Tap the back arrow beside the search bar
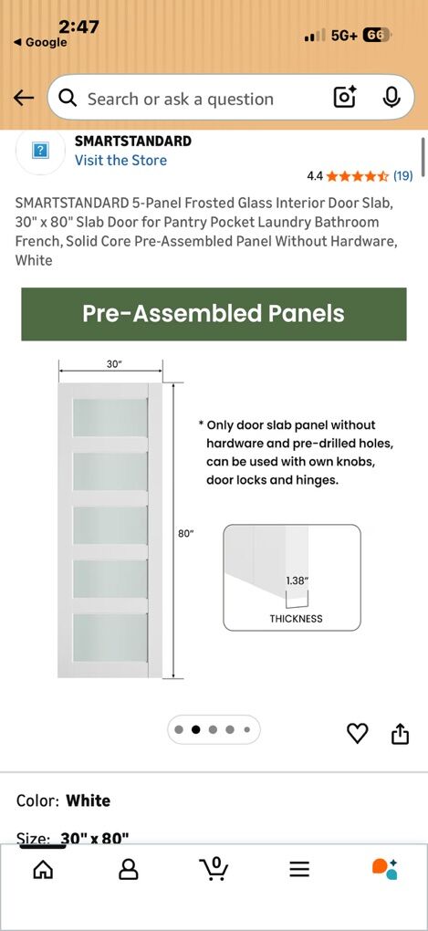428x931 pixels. pos(24,99)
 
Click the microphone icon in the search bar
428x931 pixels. pos(391,98)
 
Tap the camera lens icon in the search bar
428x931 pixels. pos(345,98)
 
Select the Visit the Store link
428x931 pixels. pos(120,161)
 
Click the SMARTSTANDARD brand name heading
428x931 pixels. pos(132,141)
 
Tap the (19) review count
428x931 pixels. pos(402,176)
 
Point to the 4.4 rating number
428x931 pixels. pos(315,176)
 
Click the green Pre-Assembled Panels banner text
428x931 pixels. pos(214,314)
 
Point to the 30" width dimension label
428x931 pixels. pos(114,363)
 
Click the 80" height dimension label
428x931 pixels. pos(186,534)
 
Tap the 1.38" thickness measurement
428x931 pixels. pos(297,581)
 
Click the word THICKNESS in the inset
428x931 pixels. pos(296,618)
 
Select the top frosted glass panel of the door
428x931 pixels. pos(110,417)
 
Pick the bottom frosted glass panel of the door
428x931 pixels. pos(110,637)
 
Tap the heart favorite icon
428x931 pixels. pos(357,733)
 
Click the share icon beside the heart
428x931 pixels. pos(400,733)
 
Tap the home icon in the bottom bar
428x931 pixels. pos(43,869)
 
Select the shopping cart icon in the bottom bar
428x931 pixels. pos(214,869)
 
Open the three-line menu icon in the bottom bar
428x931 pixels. pos(299,869)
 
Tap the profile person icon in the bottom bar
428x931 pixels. pos(129,869)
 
